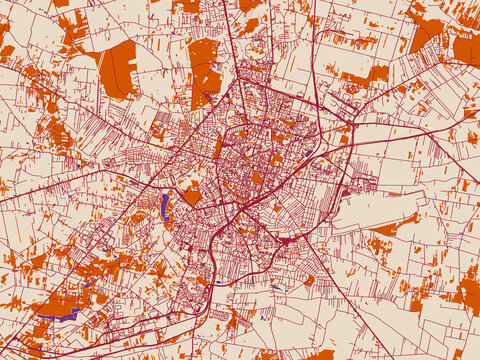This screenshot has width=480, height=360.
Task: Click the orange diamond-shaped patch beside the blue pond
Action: point(191,195)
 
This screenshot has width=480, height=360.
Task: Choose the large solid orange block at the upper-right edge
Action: point(466,48)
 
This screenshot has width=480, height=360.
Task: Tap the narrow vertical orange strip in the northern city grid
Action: point(219,147)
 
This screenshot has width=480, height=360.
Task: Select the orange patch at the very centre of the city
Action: point(257,178)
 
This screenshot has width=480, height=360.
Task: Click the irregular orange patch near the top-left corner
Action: point(72,30)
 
